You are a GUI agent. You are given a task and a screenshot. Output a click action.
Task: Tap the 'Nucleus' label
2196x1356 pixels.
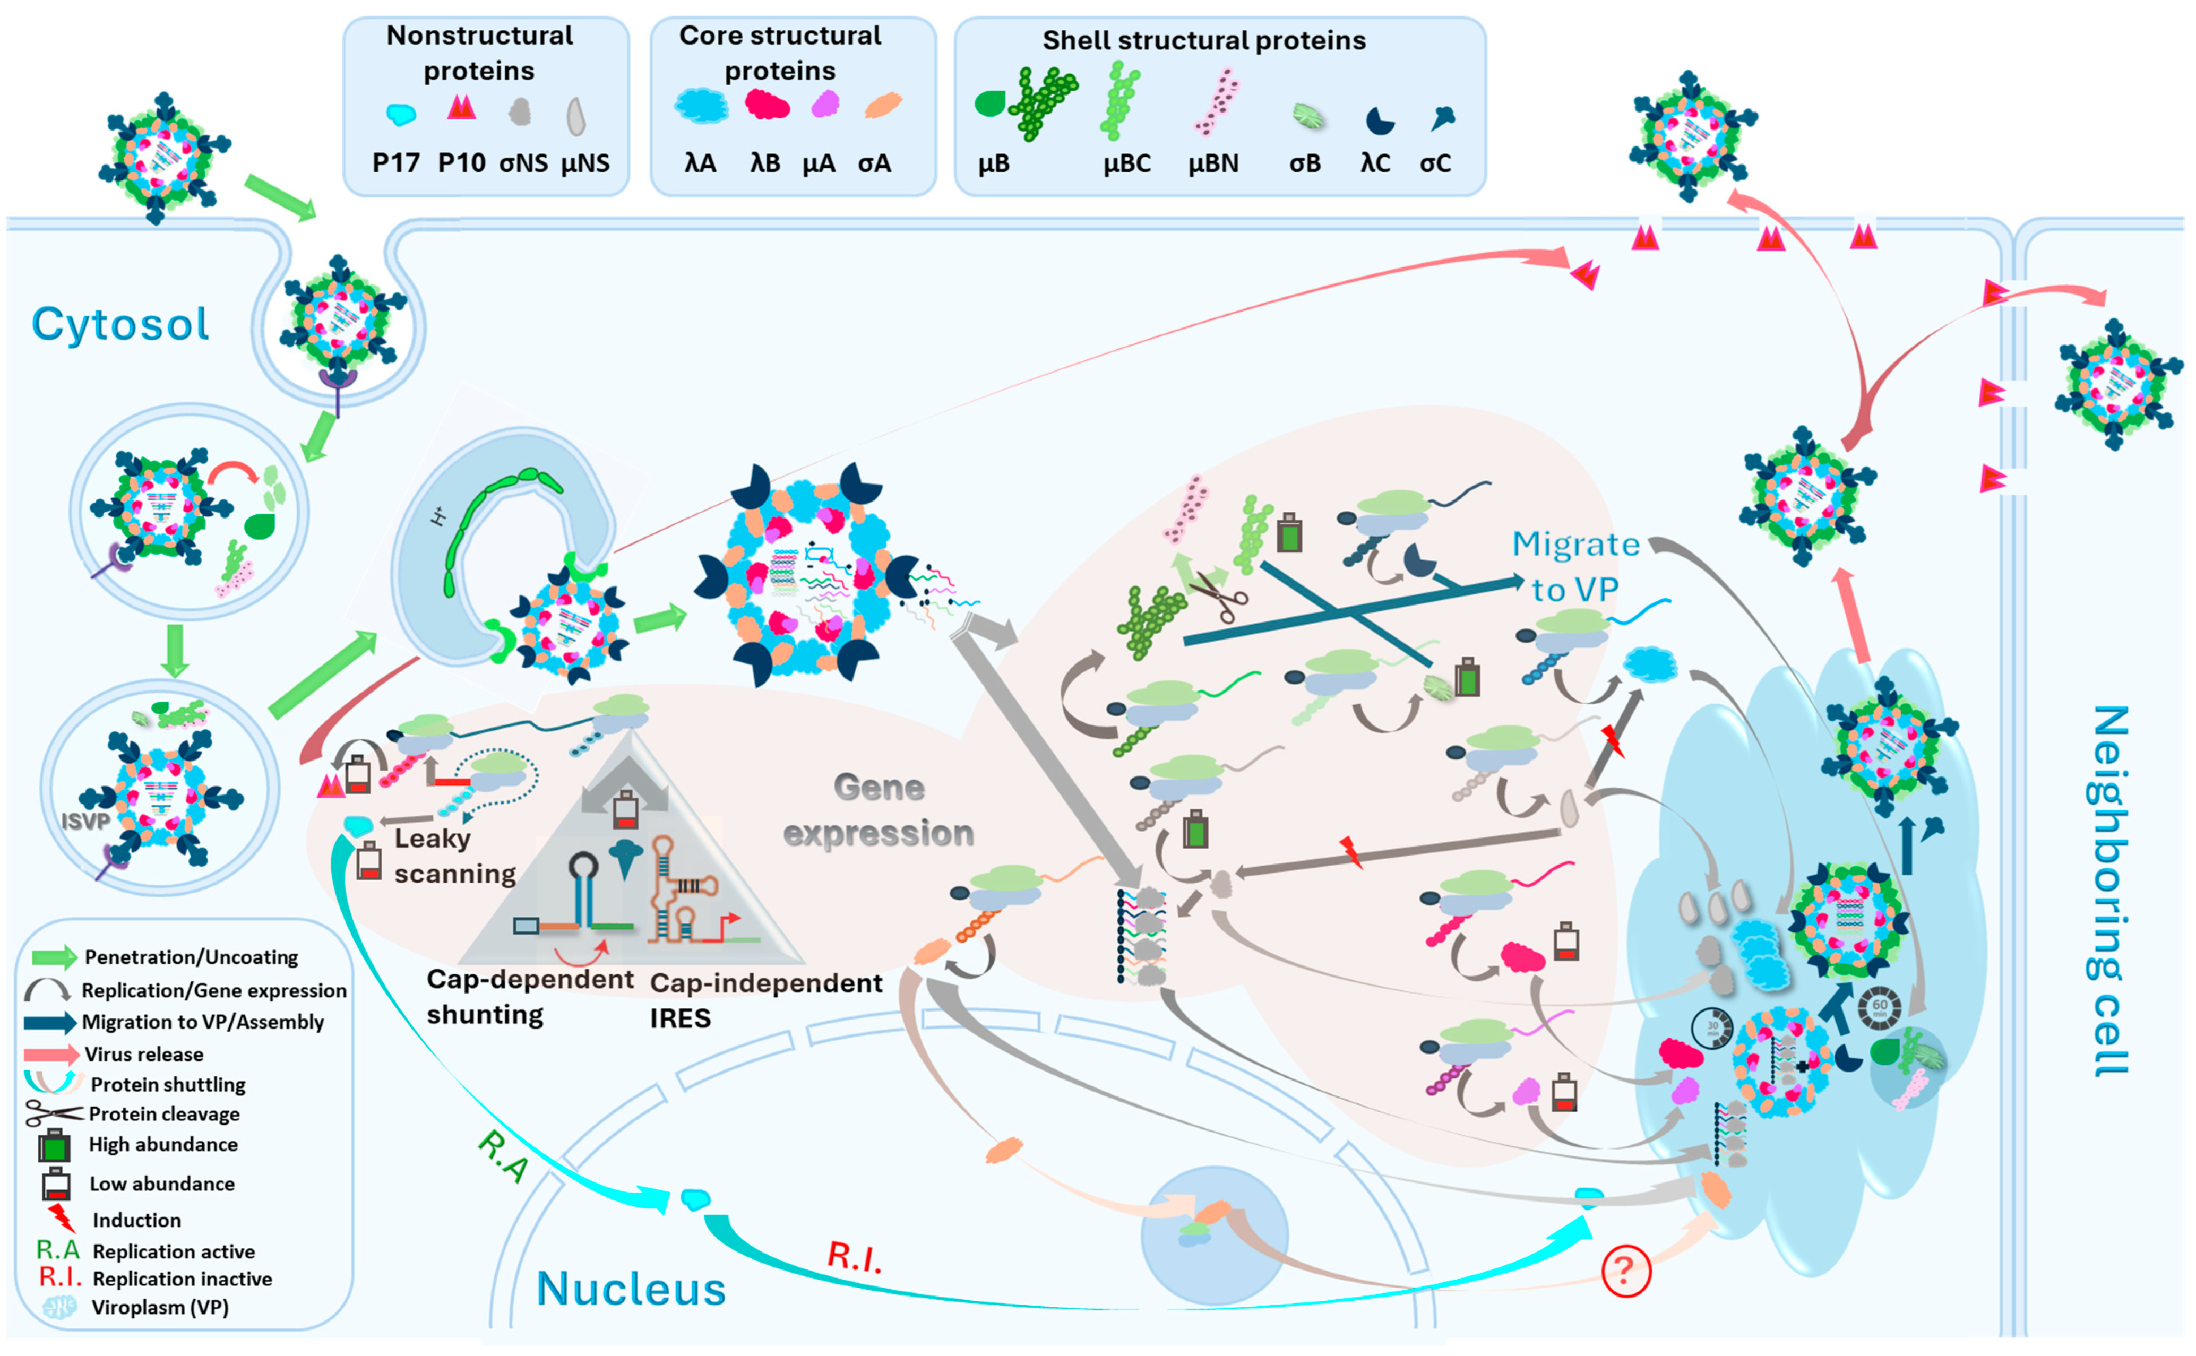pos(631,1289)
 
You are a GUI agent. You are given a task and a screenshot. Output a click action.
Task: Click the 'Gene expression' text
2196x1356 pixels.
pos(878,810)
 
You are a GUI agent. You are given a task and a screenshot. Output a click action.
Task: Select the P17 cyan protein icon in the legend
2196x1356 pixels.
pos(400,114)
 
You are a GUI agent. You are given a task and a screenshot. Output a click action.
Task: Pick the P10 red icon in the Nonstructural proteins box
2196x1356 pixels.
pos(461,108)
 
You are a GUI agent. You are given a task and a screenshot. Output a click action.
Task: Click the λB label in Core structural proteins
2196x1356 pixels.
pos(765,163)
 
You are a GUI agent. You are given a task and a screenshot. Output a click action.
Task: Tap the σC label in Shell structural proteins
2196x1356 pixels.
pos(1435,163)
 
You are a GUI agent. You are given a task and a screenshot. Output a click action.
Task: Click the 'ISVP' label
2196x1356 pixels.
pos(85,820)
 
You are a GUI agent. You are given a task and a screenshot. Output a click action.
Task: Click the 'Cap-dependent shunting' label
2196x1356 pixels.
pos(529,996)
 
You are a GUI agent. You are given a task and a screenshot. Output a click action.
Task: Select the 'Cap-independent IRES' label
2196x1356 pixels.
pos(765,1000)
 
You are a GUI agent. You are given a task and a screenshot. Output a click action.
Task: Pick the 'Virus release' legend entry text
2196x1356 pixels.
pos(143,1054)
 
